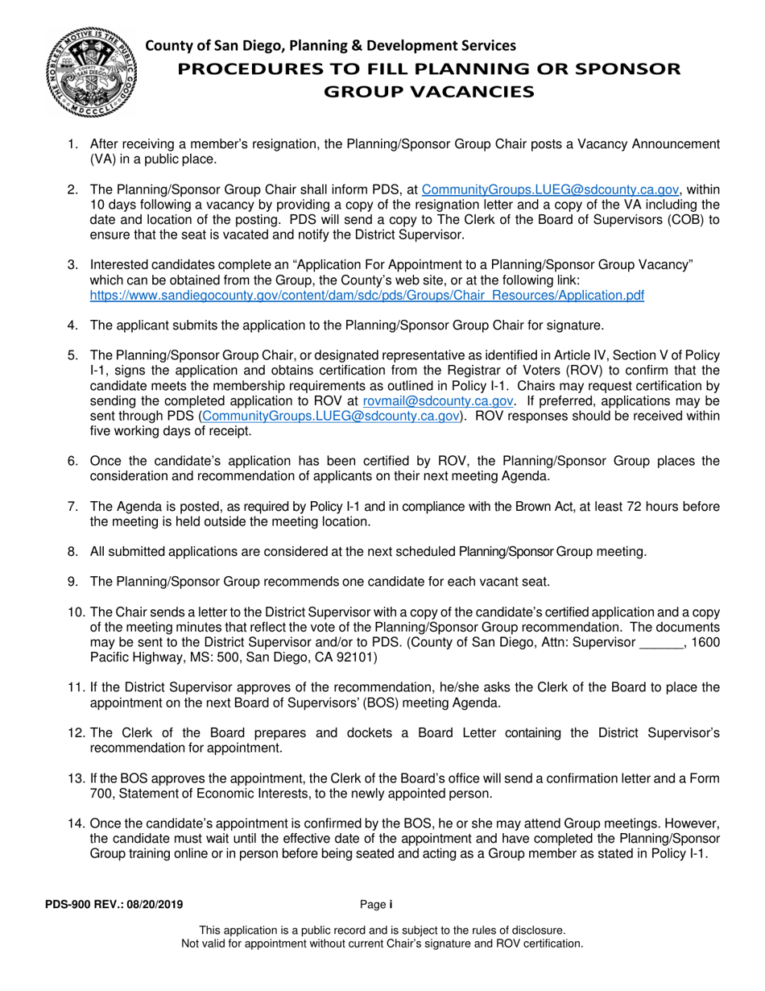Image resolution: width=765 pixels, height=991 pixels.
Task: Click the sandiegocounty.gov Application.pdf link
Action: (x=366, y=295)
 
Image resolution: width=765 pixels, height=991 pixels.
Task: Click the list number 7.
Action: (x=72, y=507)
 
